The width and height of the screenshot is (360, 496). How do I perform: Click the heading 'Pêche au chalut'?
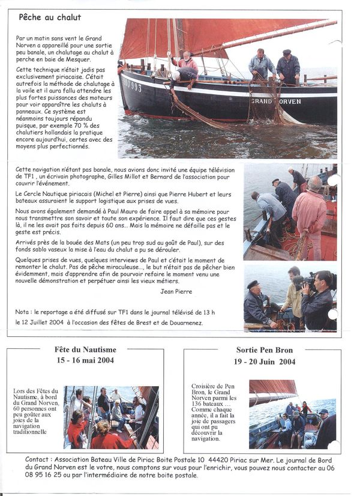[x=50, y=17]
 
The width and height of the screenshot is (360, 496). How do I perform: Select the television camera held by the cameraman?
[x=304, y=280]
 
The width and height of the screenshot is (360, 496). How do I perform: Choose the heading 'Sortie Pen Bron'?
[x=264, y=351]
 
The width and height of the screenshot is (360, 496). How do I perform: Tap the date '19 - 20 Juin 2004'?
[x=264, y=361]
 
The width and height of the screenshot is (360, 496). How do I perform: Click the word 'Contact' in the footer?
[x=37, y=459]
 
